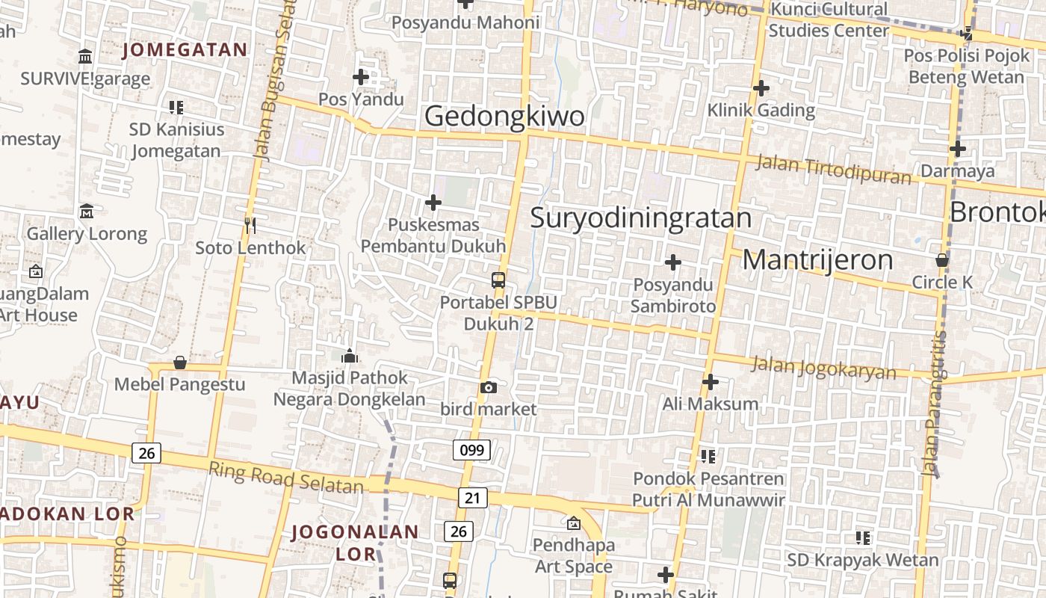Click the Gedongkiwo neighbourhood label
pos(504,117)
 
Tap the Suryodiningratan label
pos(640,218)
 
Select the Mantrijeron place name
pos(817,260)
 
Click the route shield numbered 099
pos(471,450)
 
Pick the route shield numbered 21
pos(472,498)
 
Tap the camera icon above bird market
pos(489,387)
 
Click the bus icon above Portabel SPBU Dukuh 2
pos(498,280)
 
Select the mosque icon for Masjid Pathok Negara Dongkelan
pos(349,356)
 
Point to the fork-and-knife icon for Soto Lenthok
pos(250,225)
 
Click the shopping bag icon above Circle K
pos(942,260)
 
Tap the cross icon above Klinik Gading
pos(761,88)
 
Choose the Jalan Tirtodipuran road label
pos(833,169)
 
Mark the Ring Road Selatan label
pos(285,478)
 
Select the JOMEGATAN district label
pos(184,50)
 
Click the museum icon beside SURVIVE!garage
pos(85,57)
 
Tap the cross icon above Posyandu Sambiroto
pos(673,262)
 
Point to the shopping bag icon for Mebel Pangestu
pos(179,363)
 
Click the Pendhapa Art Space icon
pos(573,523)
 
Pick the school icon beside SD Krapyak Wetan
pos(863,537)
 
